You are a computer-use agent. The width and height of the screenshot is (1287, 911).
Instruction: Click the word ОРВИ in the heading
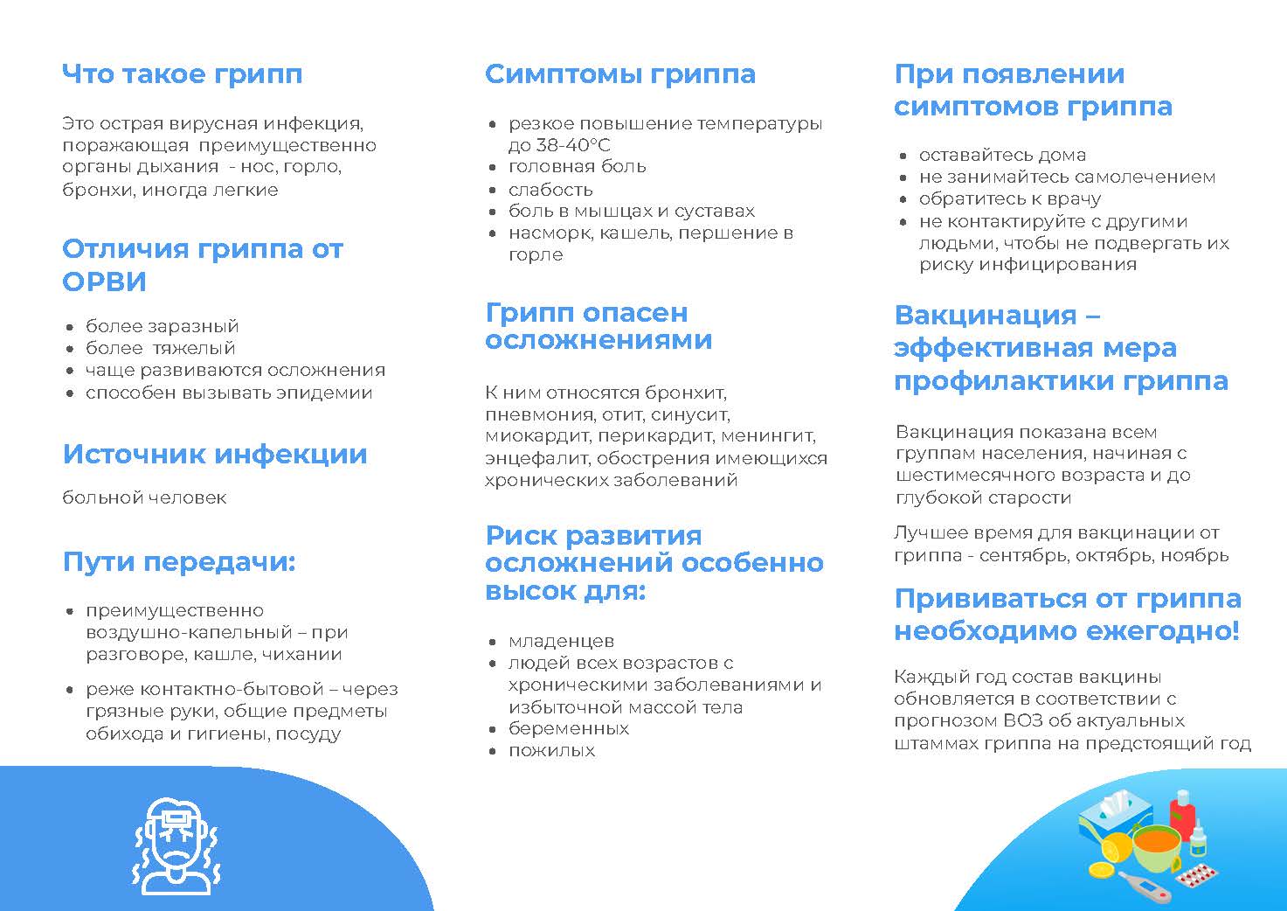pyautogui.click(x=104, y=282)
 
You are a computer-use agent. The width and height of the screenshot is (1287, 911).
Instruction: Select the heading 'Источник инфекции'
pyautogui.click(x=215, y=454)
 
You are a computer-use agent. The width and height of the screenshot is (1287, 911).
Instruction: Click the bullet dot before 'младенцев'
pyautogui.click(x=493, y=642)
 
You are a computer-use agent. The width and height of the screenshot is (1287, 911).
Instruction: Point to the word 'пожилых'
pyautogui.click(x=551, y=751)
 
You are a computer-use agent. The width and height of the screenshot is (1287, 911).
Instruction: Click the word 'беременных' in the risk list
pyautogui.click(x=569, y=729)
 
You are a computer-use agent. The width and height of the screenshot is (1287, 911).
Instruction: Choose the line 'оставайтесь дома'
pyautogui.click(x=1002, y=156)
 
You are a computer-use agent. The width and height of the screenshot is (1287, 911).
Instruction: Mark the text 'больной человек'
pyautogui.click(x=144, y=497)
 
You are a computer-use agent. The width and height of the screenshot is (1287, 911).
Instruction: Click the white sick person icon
pyautogui.click(x=177, y=845)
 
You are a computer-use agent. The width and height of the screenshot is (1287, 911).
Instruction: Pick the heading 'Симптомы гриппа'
pyautogui.click(x=620, y=74)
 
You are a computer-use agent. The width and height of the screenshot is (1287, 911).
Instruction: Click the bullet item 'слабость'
pyautogui.click(x=550, y=190)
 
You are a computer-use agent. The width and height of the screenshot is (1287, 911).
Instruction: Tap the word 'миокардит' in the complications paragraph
pyautogui.click(x=537, y=436)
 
